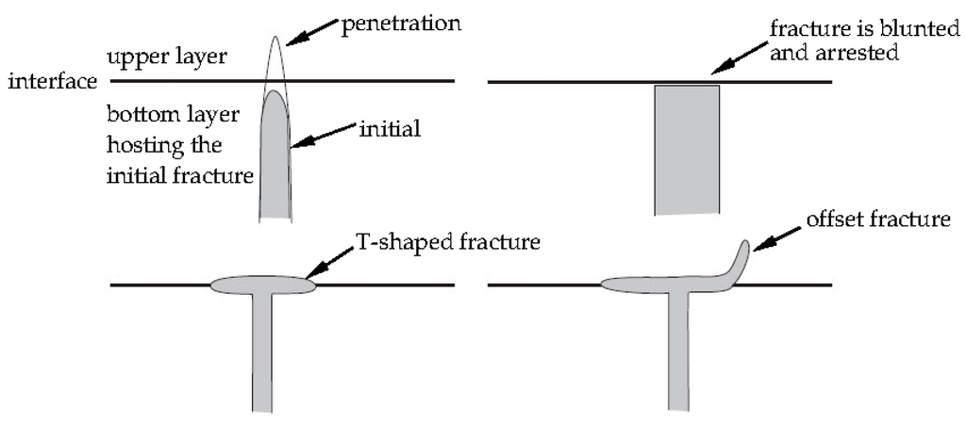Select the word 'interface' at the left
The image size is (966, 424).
point(52,82)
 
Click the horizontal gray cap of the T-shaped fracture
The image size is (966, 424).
point(261,284)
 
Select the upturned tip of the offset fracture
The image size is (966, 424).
point(742,257)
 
